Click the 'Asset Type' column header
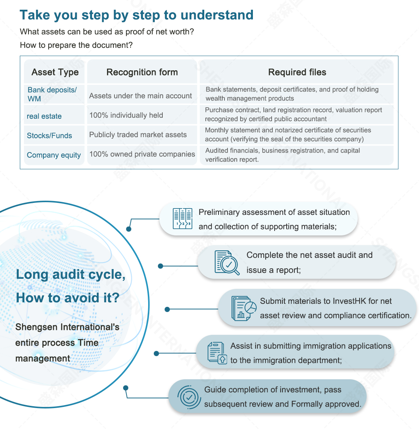pos(55,72)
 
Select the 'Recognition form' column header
pos(142,72)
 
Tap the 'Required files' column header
pos(297,72)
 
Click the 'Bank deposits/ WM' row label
pos(52,94)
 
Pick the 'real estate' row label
pos(44,116)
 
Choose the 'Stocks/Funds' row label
pos(49,136)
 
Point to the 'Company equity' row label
pos(53,155)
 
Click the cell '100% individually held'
pos(126,115)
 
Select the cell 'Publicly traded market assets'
pos(138,135)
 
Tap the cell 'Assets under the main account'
pos(141,96)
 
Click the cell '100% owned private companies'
pos(142,154)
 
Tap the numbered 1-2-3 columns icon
pos(183,218)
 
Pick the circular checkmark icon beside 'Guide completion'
pos(189,397)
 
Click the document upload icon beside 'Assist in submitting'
pos(217,353)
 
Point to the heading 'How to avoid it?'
pos(68,298)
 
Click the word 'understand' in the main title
pos(217,15)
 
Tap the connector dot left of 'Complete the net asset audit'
pos(160,266)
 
